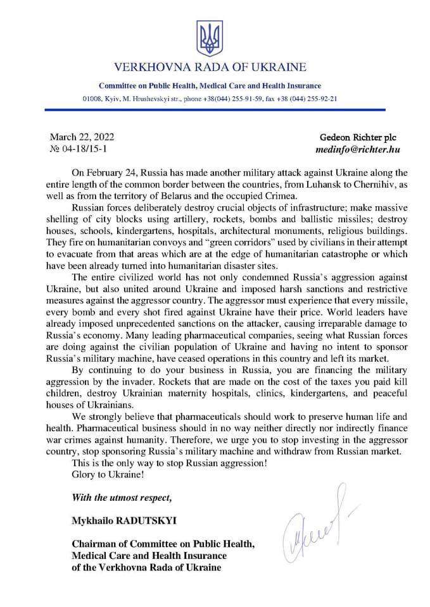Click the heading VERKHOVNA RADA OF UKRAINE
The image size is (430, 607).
(x=210, y=66)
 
